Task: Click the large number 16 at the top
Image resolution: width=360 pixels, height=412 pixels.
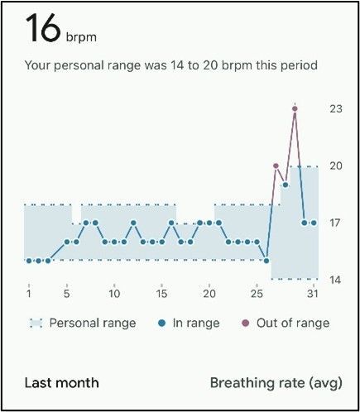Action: coord(41,30)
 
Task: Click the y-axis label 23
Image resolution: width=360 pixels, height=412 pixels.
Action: coord(335,108)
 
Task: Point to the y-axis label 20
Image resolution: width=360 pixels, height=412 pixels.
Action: coord(335,165)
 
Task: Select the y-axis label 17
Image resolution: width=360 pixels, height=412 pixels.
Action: coord(335,223)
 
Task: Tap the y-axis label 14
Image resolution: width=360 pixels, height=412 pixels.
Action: coord(335,280)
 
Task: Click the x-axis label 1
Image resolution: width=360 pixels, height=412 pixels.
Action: coord(29,293)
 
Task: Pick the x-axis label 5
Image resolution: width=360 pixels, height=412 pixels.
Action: coord(67,293)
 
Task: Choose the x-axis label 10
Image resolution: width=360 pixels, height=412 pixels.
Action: coord(114,293)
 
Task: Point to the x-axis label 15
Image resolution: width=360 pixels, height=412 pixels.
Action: coord(161,293)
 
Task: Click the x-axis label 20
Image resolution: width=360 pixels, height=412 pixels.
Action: coord(209,293)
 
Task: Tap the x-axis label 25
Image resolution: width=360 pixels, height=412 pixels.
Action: coord(257,293)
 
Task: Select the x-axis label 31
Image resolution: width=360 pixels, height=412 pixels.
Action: coord(313,293)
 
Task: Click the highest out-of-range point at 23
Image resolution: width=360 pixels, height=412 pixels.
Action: coord(295,108)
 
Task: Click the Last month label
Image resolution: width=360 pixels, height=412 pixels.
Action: coord(61,382)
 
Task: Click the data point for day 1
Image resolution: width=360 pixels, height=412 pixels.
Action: coord(29,261)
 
